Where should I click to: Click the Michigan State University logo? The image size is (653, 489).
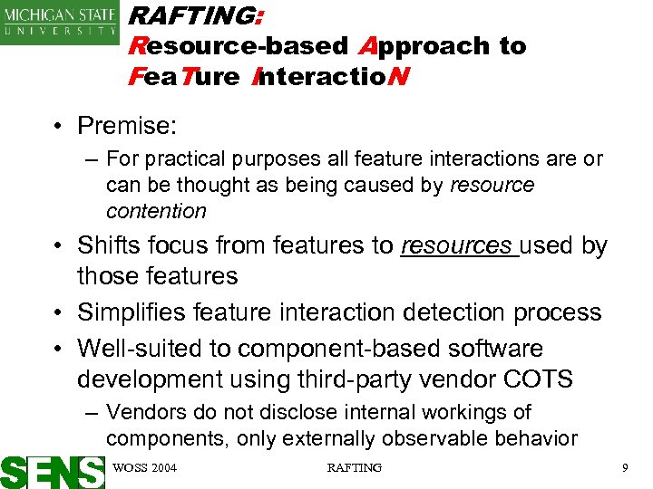pyautogui.click(x=60, y=22)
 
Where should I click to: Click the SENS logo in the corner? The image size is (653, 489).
pyautogui.click(x=53, y=472)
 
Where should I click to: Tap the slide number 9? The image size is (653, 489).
pyautogui.click(x=625, y=467)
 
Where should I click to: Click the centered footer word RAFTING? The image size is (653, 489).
pyautogui.click(x=354, y=467)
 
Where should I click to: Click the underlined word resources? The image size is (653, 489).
pyautogui.click(x=456, y=245)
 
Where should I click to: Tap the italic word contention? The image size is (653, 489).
pyautogui.click(x=156, y=211)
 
